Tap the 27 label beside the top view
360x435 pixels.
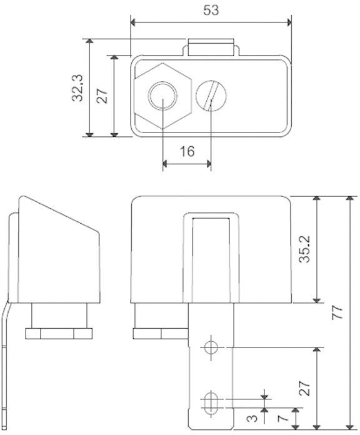click(103, 95)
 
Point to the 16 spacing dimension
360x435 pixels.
click(186, 151)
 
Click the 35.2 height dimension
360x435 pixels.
click(304, 250)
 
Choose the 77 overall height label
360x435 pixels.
click(337, 313)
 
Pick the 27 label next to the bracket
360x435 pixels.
click(304, 389)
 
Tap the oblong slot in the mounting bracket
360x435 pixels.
click(211, 400)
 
